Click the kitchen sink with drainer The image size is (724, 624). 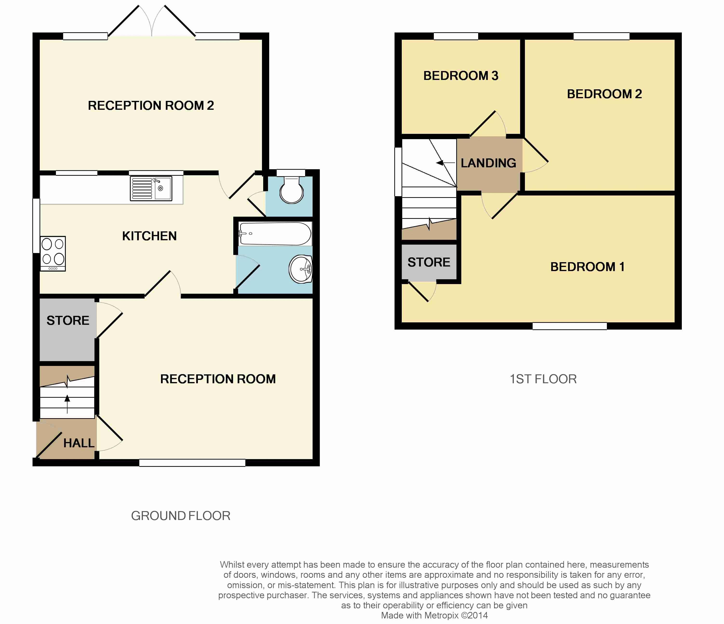[x=151, y=188]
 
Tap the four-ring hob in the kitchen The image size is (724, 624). [x=53, y=253]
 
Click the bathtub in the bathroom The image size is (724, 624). [x=275, y=234]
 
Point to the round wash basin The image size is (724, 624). [x=301, y=269]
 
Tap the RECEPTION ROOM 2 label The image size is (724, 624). [x=151, y=105]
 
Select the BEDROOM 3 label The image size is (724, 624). [x=461, y=76]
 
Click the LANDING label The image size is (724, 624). [x=488, y=163]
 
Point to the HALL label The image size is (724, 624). [x=79, y=443]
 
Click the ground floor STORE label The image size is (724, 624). [x=68, y=320]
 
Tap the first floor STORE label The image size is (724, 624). [x=429, y=262]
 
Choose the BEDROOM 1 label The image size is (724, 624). [x=587, y=267]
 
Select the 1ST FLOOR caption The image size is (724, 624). [x=543, y=379]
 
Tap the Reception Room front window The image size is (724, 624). [x=192, y=463]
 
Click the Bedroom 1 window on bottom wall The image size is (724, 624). [x=570, y=326]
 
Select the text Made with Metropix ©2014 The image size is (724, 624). [x=434, y=615]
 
